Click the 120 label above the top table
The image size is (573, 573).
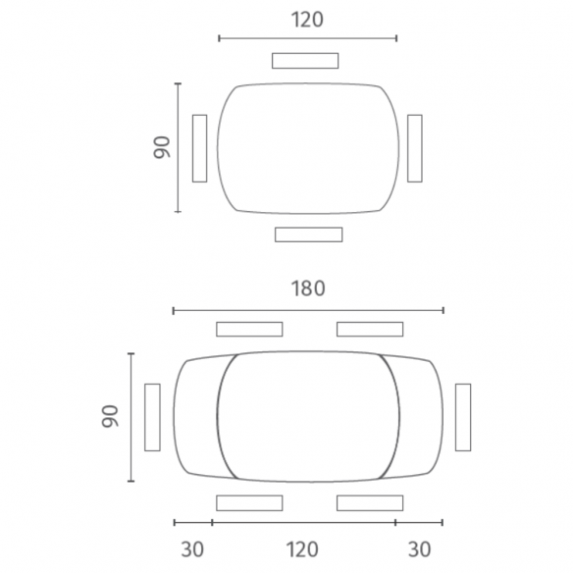click(x=307, y=20)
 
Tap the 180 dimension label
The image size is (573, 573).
click(x=308, y=288)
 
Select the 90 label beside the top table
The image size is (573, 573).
click(x=162, y=147)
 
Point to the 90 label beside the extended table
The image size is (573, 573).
click(x=110, y=416)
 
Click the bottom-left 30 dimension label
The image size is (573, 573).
click(x=192, y=549)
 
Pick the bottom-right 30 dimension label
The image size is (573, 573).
click(x=420, y=549)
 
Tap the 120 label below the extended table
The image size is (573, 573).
click(x=302, y=549)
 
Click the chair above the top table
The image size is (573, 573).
click(x=305, y=61)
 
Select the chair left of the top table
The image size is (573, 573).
click(x=199, y=148)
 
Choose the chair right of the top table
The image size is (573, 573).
click(x=415, y=148)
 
